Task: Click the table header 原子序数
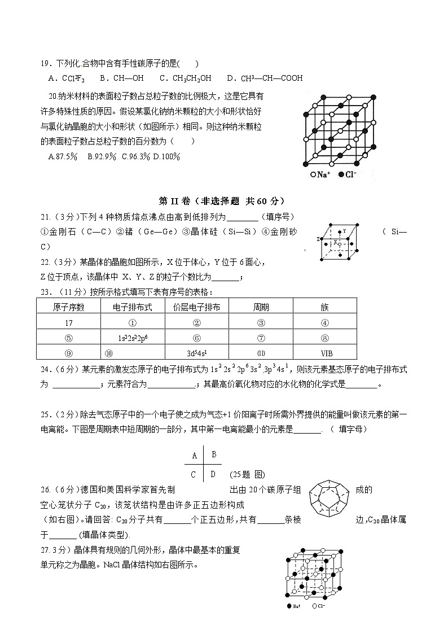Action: [69, 307]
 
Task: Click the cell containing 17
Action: [69, 323]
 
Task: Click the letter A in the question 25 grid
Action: [195, 456]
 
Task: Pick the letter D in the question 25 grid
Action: [213, 474]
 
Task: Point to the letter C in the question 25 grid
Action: [194, 475]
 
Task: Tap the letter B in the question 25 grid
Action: [214, 454]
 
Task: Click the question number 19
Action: [45, 64]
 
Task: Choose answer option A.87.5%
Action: [63, 156]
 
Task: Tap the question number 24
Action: [45, 370]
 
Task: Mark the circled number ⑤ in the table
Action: [69, 338]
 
